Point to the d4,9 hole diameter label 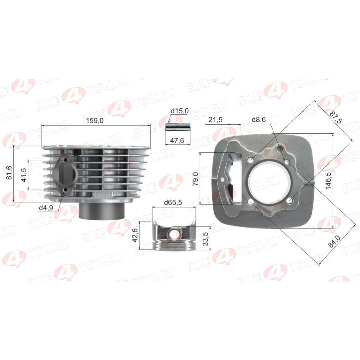(x=46, y=208)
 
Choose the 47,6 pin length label (x=177, y=141)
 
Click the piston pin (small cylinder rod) (x=178, y=128)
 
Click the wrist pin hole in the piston (x=174, y=235)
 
